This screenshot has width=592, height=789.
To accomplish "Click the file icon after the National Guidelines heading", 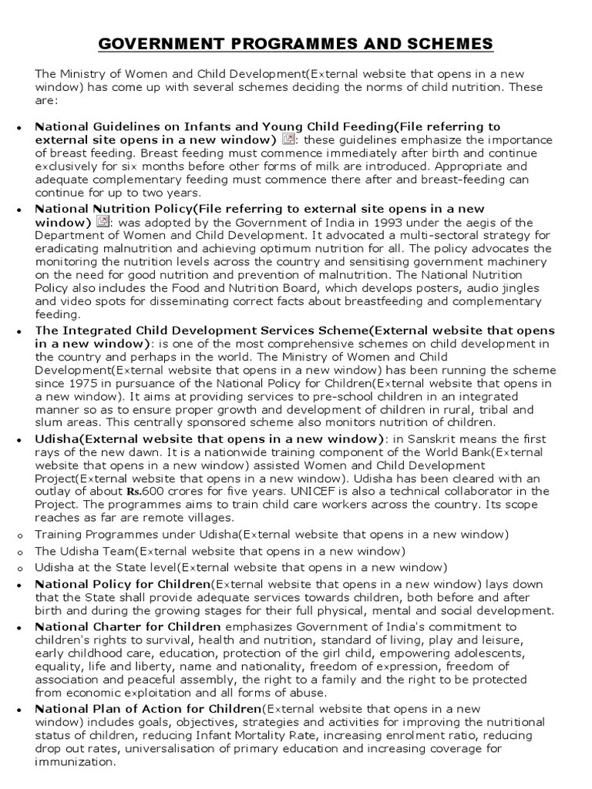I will pos(288,139).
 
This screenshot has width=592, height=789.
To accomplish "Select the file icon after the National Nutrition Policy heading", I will pos(102,222).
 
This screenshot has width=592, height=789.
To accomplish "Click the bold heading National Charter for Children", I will pos(128,626).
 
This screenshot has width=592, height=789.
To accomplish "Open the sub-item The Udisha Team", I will pos(85,550).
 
